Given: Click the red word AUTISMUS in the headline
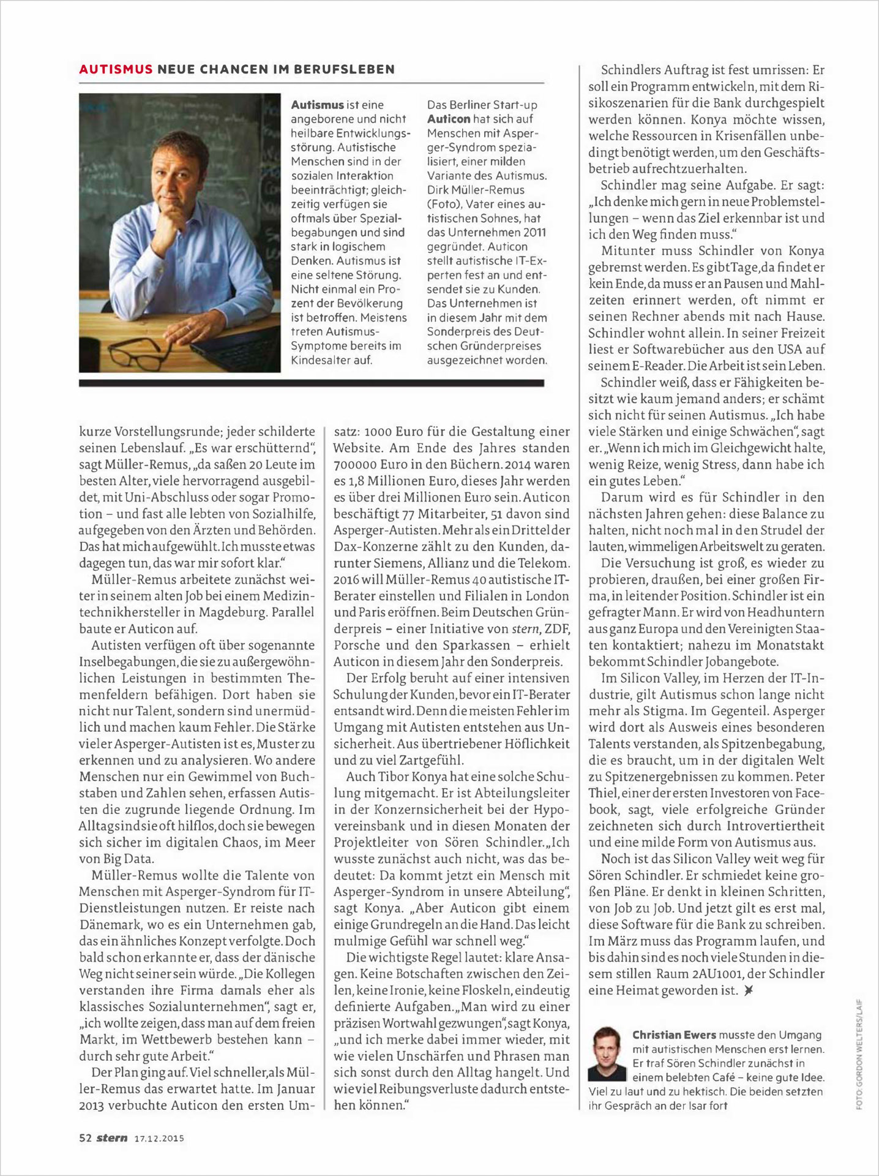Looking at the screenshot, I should [116, 69].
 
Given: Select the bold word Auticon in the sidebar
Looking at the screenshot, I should [449, 119].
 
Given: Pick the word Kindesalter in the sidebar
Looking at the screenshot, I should [320, 360].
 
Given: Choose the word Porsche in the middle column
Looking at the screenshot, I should [357, 644].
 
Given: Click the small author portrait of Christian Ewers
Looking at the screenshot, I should [607, 1053].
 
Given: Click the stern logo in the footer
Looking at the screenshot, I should [112, 1137].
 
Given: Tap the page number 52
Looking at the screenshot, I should [85, 1138].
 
